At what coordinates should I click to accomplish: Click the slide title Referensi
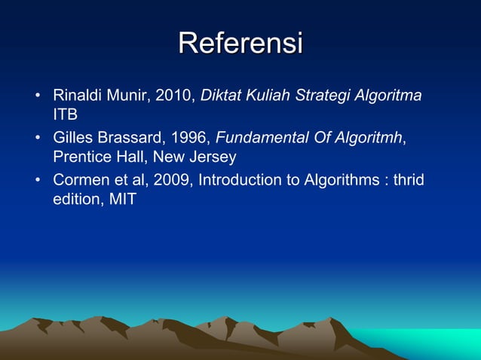[x=240, y=43]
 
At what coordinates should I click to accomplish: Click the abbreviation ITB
[x=65, y=116]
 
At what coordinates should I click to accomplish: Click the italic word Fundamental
[x=260, y=138]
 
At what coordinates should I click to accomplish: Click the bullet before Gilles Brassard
[x=36, y=139]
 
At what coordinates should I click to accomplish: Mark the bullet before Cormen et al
[x=36, y=181]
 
